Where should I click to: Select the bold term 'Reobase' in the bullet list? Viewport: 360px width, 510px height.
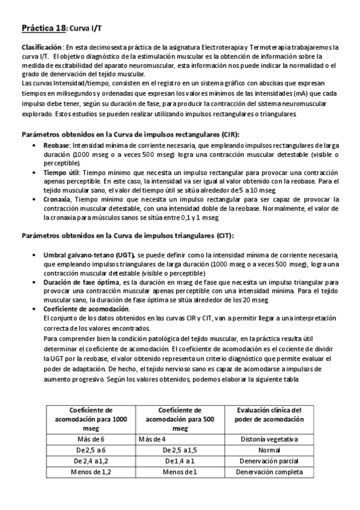point(56,146)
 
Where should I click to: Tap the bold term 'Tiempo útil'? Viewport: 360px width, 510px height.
point(63,172)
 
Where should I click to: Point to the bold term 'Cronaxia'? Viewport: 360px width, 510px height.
point(59,199)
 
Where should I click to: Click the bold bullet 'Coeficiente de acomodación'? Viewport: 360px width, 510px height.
point(87,308)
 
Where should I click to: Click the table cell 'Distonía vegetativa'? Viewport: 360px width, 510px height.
point(269,440)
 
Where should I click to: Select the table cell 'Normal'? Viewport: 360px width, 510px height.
point(269,450)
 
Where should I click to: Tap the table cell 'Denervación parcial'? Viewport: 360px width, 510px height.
point(269,461)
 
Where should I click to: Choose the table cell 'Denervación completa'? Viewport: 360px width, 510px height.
point(269,472)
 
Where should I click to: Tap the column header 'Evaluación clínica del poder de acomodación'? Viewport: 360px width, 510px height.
point(269,414)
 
